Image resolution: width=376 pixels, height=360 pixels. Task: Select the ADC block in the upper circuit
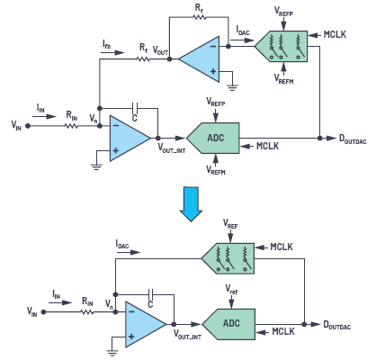pos(213,138)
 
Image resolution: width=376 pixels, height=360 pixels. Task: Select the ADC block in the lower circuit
pos(228,324)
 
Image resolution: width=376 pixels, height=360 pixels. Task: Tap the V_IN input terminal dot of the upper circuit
pos(28,126)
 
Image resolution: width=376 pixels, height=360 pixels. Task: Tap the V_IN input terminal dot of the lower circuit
pos(43,312)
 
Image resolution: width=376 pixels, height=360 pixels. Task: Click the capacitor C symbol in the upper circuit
pos(135,106)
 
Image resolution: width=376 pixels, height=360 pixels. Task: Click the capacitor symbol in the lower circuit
pos(151,293)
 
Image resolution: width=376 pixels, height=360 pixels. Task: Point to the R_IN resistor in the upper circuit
pos(71,126)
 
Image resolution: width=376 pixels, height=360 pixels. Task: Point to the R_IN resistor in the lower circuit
pos(87,312)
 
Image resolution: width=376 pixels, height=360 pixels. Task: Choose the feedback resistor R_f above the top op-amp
pos(200,17)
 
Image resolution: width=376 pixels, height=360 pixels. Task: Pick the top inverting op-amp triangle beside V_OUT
pos(199,59)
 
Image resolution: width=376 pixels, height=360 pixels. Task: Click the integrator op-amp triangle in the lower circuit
pos(146,324)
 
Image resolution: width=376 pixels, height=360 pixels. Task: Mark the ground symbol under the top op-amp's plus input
pos(232,87)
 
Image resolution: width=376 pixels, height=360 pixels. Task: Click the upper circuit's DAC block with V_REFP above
pos(281,47)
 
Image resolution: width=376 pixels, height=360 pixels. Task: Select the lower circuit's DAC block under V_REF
pos(228,258)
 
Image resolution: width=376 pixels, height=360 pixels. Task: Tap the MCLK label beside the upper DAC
pos(335,35)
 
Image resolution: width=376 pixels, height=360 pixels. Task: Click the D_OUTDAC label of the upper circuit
pos(353,139)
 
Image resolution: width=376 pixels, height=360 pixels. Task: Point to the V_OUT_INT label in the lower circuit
pos(187,334)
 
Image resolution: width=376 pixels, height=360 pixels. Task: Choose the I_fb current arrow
pos(112,53)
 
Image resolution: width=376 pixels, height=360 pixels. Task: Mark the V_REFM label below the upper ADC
pos(216,170)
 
